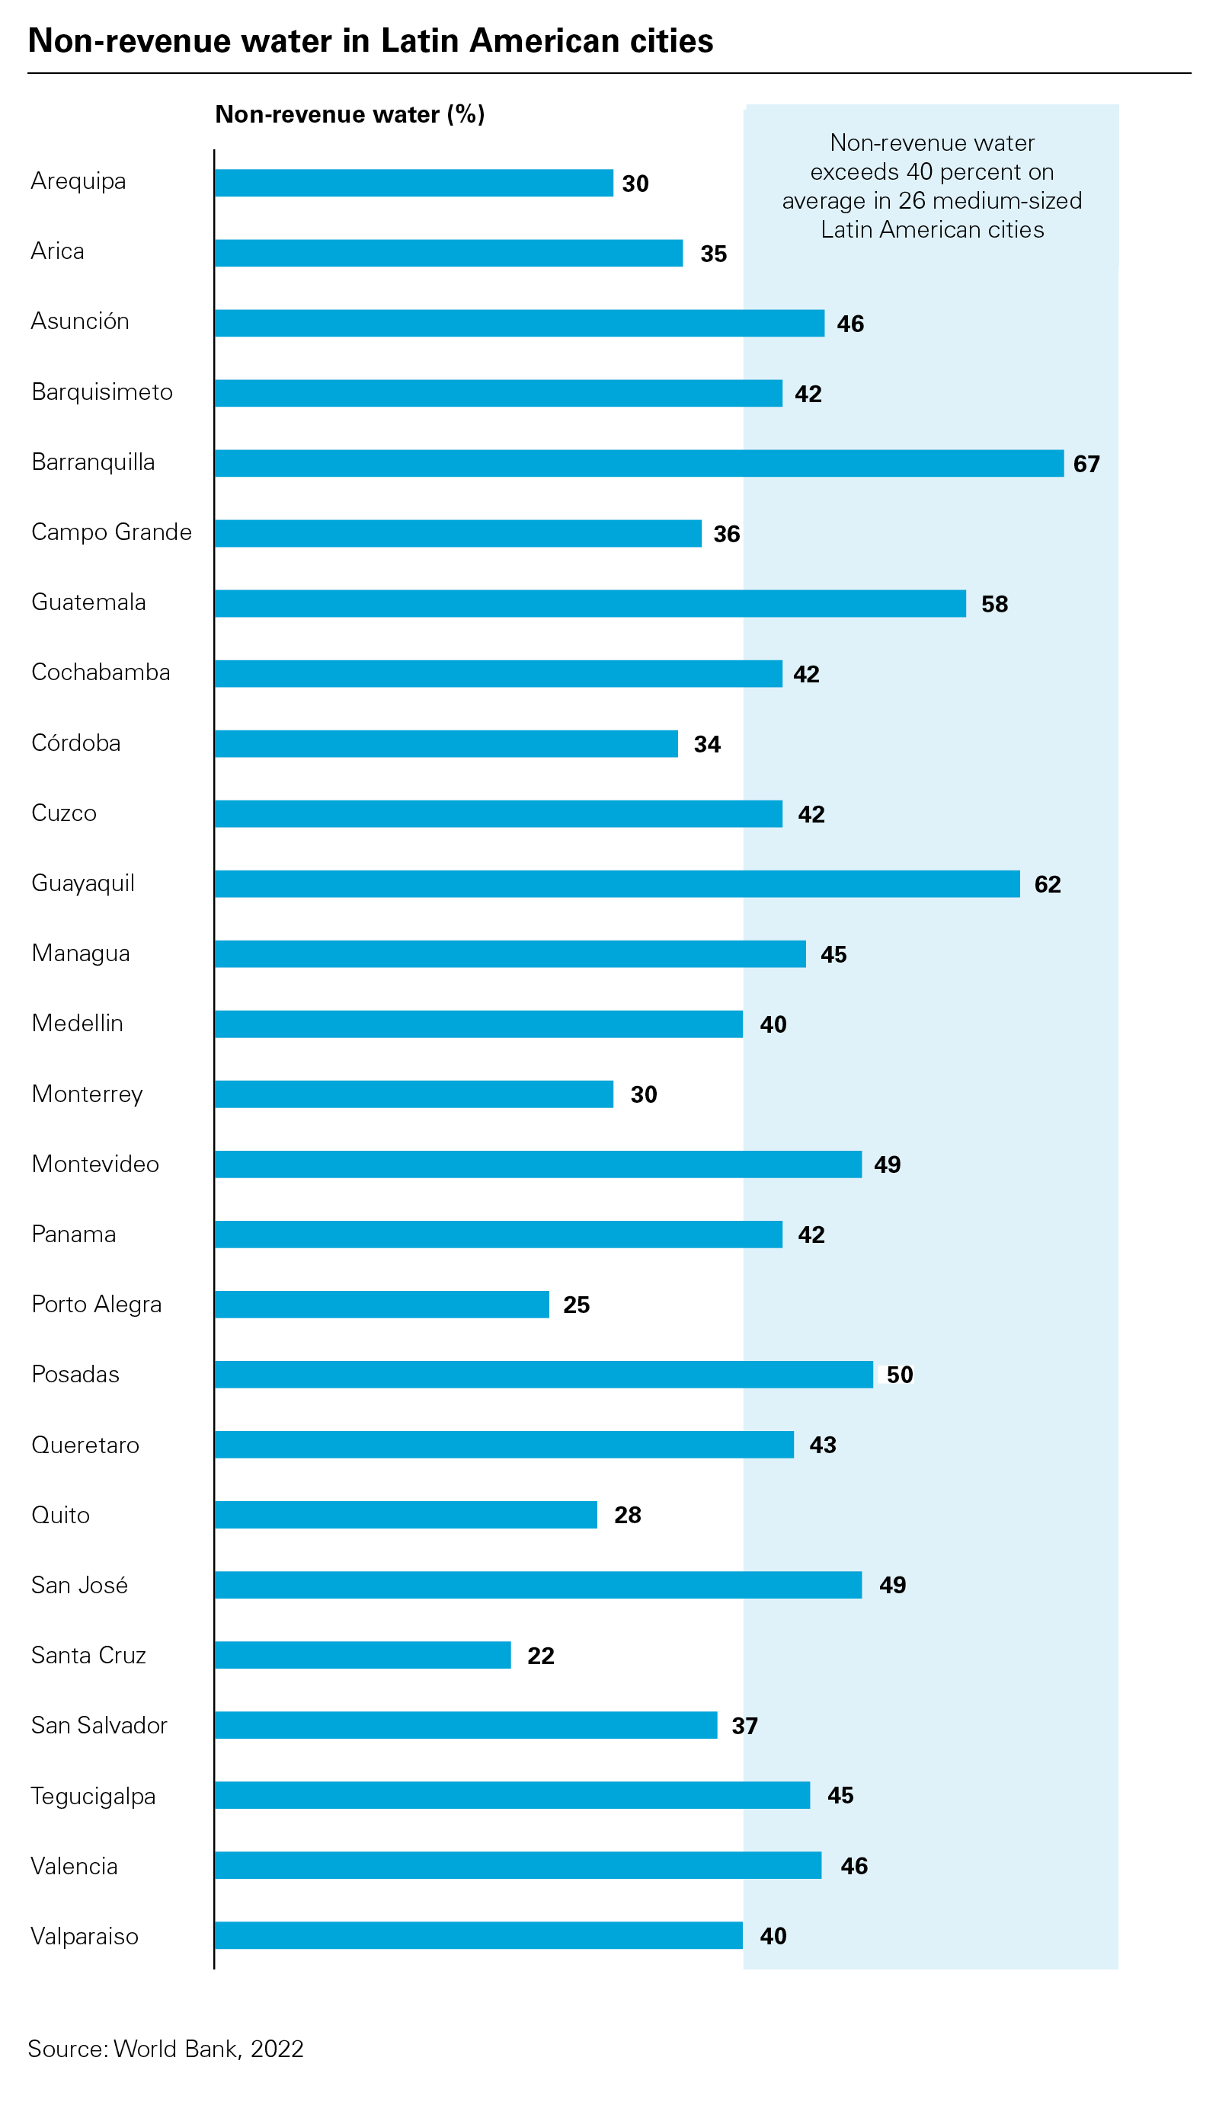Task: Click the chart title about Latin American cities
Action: [370, 41]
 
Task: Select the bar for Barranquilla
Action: [638, 463]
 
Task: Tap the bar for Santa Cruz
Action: [362, 1655]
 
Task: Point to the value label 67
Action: [1086, 464]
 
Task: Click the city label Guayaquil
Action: [82, 883]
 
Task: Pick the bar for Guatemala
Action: [590, 603]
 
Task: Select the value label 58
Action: [993, 604]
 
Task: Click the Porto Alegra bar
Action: [381, 1305]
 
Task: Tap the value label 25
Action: [576, 1305]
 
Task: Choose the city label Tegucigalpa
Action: [93, 1796]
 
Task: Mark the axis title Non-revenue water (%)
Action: [350, 114]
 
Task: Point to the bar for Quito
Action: [405, 1515]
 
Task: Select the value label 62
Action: [1047, 884]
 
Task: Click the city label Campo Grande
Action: [111, 532]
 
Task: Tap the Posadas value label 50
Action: [898, 1375]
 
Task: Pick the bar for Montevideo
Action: [537, 1164]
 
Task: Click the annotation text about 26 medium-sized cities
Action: [931, 186]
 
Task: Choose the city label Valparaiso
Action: [85, 1936]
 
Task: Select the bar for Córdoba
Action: [446, 743]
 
